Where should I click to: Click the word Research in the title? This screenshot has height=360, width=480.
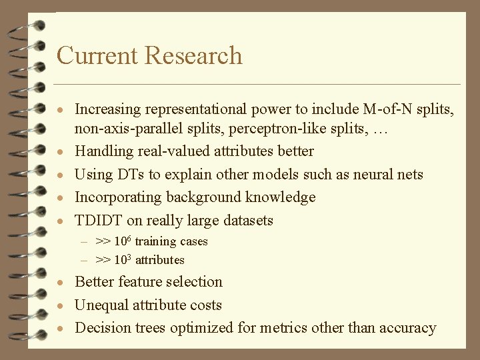[x=194, y=55]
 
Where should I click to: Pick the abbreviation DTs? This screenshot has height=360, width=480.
[x=133, y=175]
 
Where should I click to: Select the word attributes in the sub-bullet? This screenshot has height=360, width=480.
[x=160, y=260]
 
